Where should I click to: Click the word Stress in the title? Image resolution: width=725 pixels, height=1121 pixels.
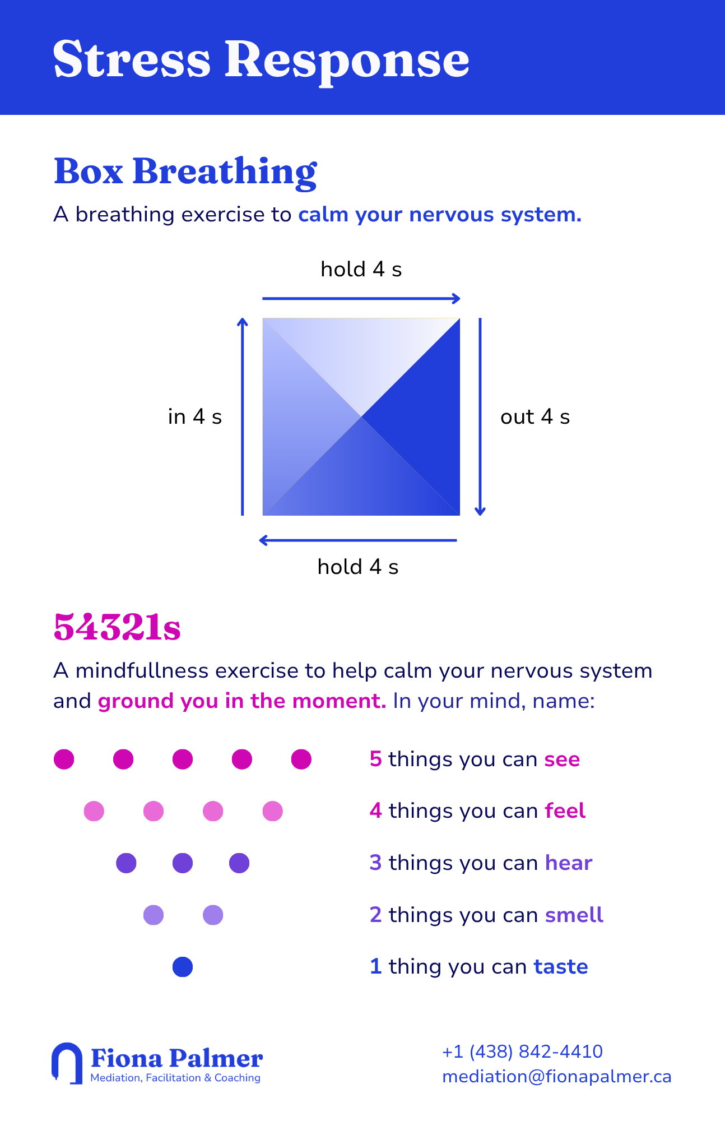(x=132, y=59)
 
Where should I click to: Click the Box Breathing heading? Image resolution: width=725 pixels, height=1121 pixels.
(x=185, y=172)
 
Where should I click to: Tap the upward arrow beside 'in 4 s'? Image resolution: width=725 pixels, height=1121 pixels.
(x=242, y=416)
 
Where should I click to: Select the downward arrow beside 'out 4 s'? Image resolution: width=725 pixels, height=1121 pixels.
(x=480, y=416)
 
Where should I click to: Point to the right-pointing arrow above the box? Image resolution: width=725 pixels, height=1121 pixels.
(x=361, y=299)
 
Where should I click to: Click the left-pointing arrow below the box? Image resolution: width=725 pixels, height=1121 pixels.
(x=358, y=540)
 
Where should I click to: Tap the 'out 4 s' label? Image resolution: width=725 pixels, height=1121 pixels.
(x=535, y=417)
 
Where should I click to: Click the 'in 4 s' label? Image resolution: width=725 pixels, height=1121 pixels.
(x=195, y=417)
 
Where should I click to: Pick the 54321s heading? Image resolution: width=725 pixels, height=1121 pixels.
(x=117, y=627)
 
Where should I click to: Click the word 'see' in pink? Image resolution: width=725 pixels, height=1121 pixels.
(x=562, y=759)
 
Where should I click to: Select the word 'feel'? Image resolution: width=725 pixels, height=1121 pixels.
(x=565, y=810)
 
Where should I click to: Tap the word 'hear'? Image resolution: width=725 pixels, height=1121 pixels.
(x=569, y=863)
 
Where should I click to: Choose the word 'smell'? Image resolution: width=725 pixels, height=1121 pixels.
(x=574, y=915)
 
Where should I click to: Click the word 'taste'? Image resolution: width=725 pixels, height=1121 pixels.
(x=561, y=967)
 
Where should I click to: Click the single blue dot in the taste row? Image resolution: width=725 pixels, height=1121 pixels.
(x=183, y=967)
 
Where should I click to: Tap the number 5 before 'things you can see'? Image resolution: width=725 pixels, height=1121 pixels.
(x=376, y=759)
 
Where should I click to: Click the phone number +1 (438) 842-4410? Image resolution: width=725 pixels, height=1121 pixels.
(x=522, y=1051)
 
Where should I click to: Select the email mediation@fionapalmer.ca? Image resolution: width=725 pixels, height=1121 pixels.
(x=557, y=1077)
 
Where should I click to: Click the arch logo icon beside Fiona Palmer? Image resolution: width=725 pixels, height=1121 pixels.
(x=67, y=1063)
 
